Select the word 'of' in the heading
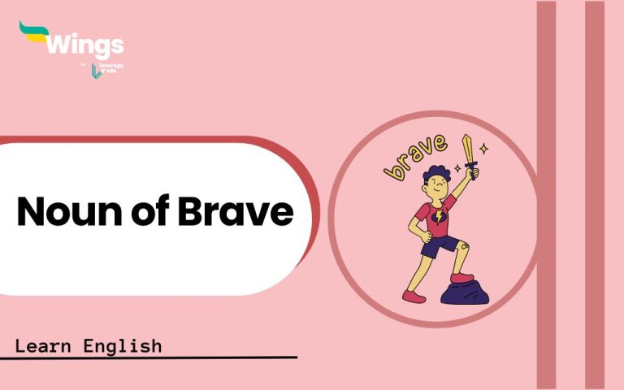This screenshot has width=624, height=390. (x=147, y=212)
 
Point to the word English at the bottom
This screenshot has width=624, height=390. (x=123, y=346)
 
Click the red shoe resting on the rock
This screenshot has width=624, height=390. (x=461, y=279)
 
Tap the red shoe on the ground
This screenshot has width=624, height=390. (x=414, y=294)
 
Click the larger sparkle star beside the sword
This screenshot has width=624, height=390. (x=484, y=149)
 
